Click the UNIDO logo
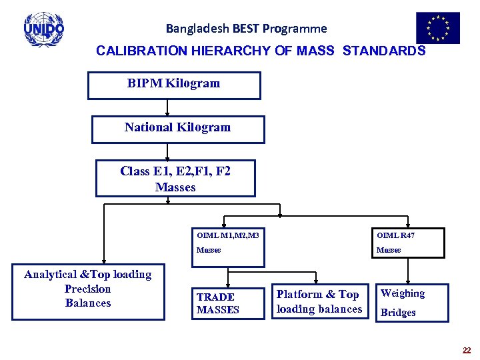[x=44, y=29]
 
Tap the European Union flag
[x=438, y=28]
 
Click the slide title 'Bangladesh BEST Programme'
[x=246, y=29]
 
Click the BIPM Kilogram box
[x=174, y=85]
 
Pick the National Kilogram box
[x=178, y=129]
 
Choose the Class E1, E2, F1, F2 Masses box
[x=175, y=179]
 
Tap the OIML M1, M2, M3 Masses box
[x=228, y=242]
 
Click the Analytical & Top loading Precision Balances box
[x=88, y=291]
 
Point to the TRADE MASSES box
[x=227, y=303]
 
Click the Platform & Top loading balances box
[x=319, y=301]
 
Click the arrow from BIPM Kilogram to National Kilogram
[x=167, y=108]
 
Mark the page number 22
[x=466, y=350]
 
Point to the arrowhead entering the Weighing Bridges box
[x=404, y=280]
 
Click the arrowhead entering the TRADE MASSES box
[x=228, y=283]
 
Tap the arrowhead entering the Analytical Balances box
[x=103, y=262]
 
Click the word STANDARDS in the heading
[x=383, y=51]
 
